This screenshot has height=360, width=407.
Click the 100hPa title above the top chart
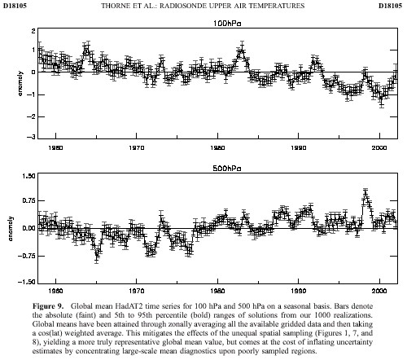click(x=227, y=24)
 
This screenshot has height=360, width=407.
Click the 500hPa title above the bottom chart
click(x=227, y=169)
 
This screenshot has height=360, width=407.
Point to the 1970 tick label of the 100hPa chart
click(x=137, y=147)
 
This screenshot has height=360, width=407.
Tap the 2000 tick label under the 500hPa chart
click(x=379, y=291)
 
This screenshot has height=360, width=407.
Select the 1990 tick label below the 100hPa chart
click(x=299, y=147)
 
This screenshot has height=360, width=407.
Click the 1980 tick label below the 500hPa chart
click(x=217, y=291)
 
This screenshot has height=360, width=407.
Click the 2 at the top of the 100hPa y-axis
click(x=33, y=31)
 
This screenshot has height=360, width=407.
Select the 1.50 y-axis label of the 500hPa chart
click(x=28, y=176)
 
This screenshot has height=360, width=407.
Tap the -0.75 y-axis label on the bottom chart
click(x=27, y=256)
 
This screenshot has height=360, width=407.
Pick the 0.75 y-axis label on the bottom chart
click(x=28, y=200)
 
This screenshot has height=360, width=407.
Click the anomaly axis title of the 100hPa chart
click(x=20, y=83)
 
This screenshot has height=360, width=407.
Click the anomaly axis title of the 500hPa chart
click(x=11, y=229)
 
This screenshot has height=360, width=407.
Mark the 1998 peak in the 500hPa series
click(x=365, y=191)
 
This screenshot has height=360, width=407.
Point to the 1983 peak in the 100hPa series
click(x=242, y=49)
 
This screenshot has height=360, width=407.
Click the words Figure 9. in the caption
click(x=48, y=306)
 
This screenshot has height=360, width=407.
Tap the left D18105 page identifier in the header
click(x=15, y=6)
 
